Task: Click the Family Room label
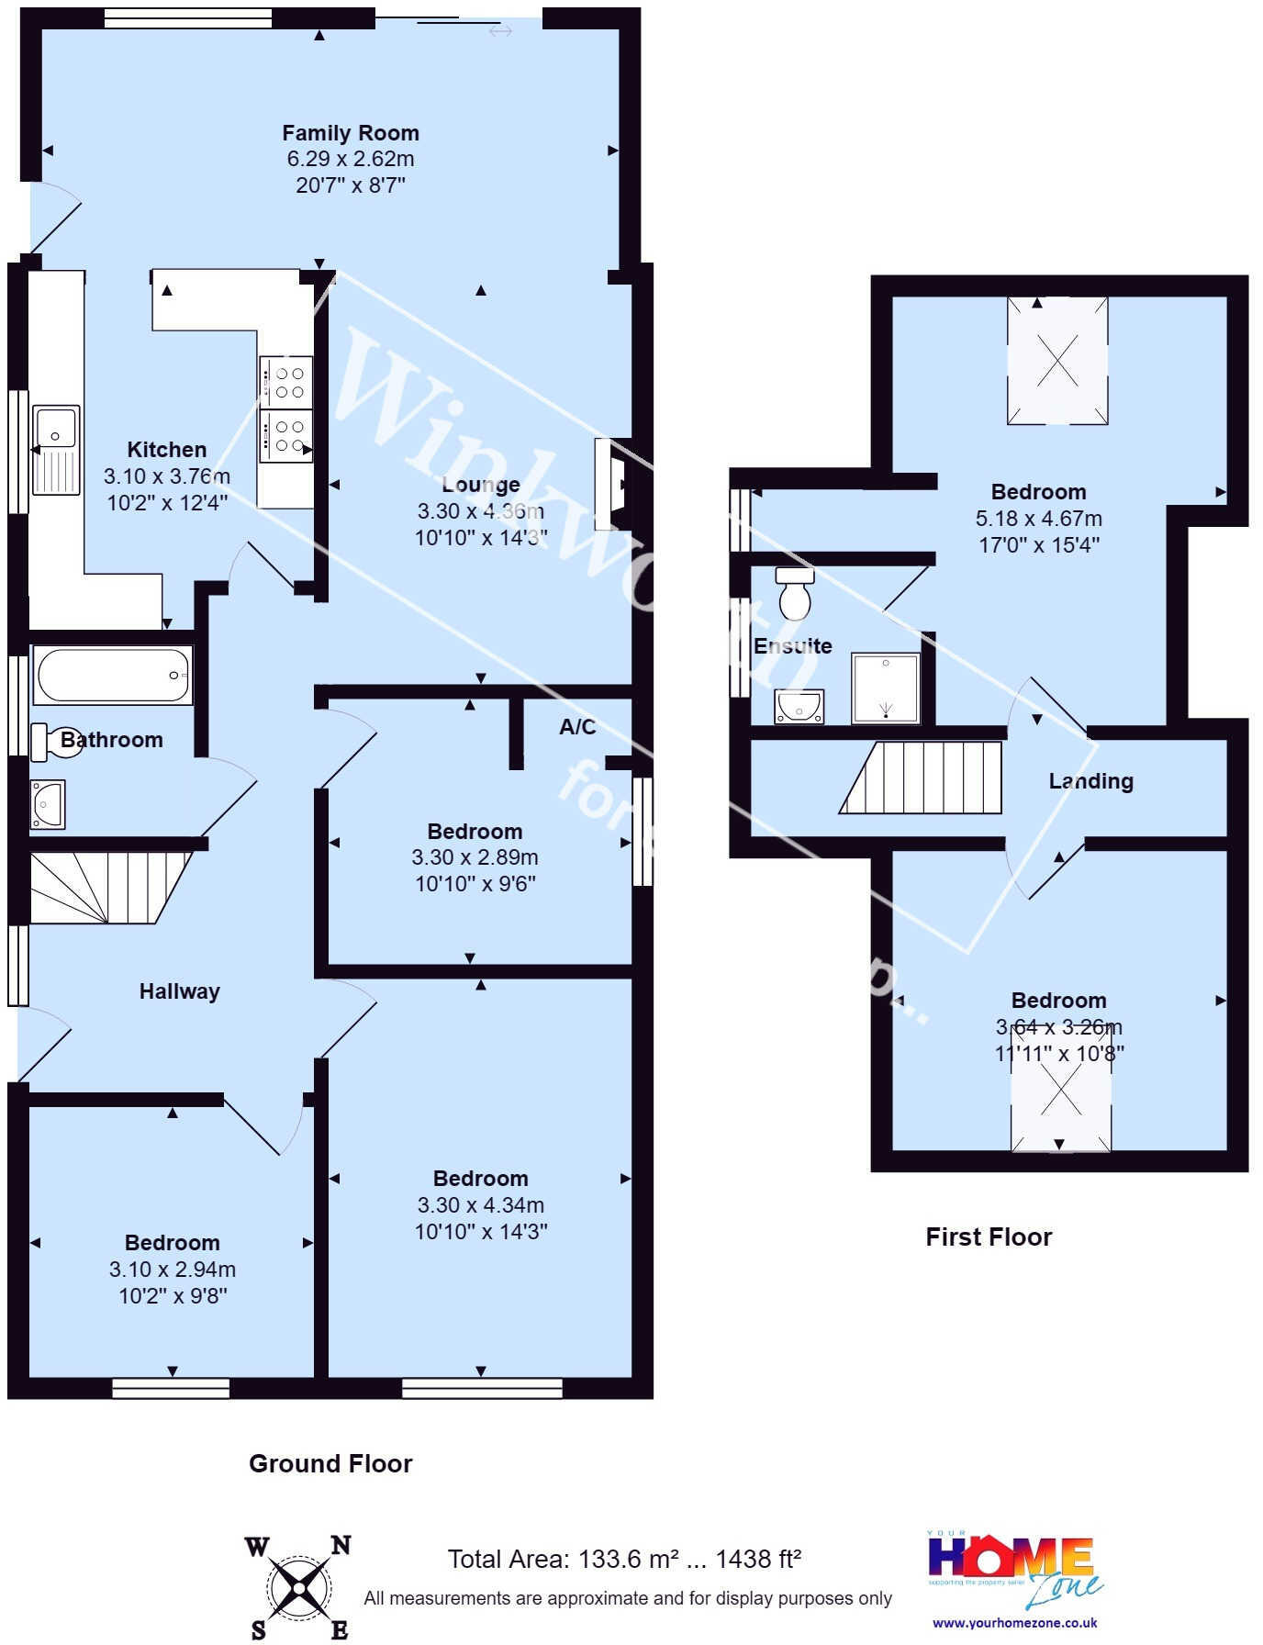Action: (350, 133)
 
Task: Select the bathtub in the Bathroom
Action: (113, 675)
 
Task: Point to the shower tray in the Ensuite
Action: (885, 688)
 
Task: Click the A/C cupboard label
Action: (577, 727)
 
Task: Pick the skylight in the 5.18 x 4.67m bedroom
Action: (1057, 360)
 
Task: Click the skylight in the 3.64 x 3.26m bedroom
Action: (1060, 1092)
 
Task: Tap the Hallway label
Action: (180, 991)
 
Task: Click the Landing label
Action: (1090, 781)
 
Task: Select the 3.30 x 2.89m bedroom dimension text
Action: (475, 857)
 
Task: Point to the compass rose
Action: (299, 1588)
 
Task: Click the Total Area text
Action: (624, 1559)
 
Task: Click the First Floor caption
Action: (989, 1237)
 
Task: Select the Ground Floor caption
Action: (330, 1463)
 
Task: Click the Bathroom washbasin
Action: (47, 803)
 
